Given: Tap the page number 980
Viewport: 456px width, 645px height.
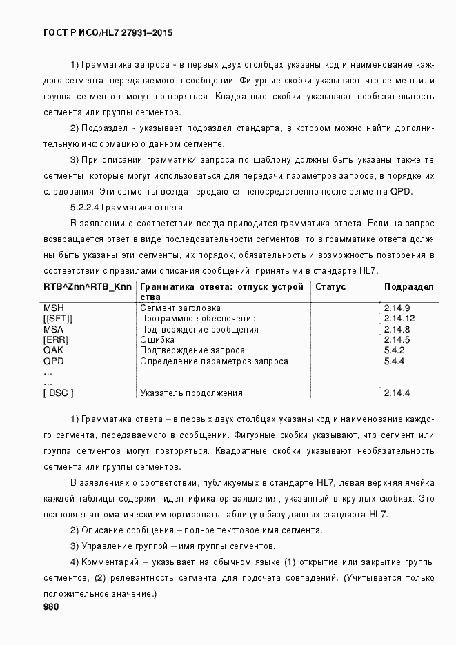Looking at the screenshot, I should point(51,607).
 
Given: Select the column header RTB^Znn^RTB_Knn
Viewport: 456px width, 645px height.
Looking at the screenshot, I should point(87,286).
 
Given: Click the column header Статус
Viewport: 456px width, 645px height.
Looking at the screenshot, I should point(330,286).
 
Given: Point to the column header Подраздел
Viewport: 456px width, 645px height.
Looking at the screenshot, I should point(408,286).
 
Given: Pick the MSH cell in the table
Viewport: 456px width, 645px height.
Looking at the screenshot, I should point(54,308).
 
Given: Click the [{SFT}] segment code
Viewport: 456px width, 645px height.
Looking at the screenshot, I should point(58,319).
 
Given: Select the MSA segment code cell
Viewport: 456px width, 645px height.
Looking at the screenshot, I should point(54,329).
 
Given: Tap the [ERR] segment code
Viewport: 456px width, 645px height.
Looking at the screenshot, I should point(55,340).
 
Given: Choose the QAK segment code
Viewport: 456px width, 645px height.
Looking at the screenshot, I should point(54,350).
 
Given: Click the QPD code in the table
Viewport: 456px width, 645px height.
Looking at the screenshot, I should point(54,361).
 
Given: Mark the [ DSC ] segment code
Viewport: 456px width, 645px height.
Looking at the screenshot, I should point(59,393).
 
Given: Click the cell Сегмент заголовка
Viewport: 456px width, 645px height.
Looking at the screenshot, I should point(180,308).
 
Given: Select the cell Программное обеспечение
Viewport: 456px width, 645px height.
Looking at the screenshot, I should point(198,319).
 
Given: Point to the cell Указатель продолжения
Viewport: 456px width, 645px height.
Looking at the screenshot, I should point(191,393).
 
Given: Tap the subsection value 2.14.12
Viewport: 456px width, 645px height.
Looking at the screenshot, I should point(399,319).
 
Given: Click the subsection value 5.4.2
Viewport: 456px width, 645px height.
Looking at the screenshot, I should point(394,350).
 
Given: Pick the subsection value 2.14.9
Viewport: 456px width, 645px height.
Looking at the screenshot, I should point(397,308).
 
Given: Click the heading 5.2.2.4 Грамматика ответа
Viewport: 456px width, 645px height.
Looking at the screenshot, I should point(126,208).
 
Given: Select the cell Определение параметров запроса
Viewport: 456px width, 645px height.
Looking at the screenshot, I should point(214,361).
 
